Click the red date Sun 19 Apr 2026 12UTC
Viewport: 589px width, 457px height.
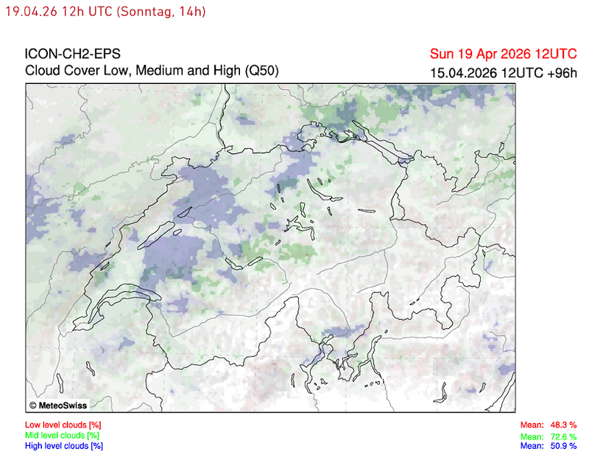pos(504,55)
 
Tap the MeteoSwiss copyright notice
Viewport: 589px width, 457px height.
pos(58,405)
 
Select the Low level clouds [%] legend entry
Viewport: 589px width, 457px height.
pos(63,425)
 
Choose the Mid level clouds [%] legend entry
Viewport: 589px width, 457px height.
pos(63,436)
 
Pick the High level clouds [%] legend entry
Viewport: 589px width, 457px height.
pos(64,446)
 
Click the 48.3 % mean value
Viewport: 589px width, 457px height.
pos(564,425)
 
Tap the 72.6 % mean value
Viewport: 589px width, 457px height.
pos(564,436)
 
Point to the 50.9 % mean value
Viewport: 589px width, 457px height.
pos(564,446)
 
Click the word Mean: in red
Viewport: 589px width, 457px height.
pos(532,425)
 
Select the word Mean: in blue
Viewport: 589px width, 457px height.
pos(532,446)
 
